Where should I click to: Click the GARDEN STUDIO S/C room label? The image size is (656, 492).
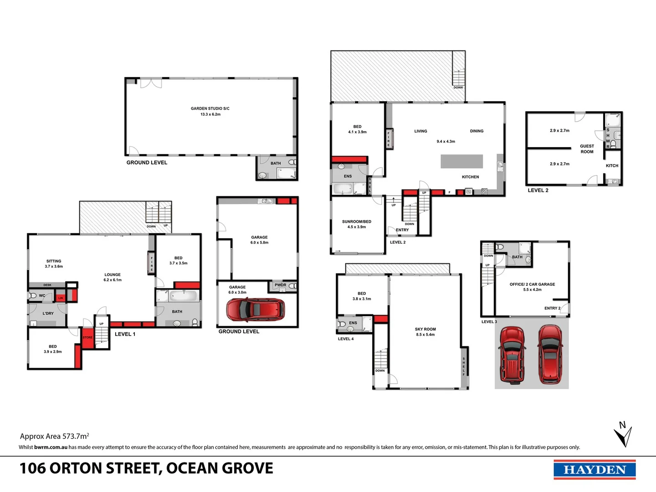[x=210, y=108]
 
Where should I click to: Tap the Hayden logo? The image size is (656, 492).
[x=594, y=470]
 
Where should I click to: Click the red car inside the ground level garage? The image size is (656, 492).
[x=256, y=310]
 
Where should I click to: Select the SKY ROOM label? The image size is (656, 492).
[x=425, y=329]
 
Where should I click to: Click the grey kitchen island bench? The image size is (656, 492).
[x=461, y=161]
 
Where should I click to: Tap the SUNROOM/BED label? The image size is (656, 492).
[x=357, y=222]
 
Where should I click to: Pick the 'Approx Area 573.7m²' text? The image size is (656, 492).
[x=54, y=436]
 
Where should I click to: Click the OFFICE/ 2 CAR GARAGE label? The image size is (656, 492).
[x=532, y=284]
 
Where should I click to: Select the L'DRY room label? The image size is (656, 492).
[x=48, y=313]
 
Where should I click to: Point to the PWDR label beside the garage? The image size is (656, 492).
[x=280, y=285]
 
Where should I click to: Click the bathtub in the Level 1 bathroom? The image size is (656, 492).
[x=183, y=296]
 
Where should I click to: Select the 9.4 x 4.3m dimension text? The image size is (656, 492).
[x=446, y=142]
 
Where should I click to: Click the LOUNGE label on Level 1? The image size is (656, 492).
[x=113, y=275]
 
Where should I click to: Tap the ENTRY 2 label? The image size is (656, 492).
[x=552, y=308]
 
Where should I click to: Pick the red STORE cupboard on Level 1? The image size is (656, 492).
[x=87, y=338]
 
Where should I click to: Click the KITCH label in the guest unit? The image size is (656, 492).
[x=612, y=166]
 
